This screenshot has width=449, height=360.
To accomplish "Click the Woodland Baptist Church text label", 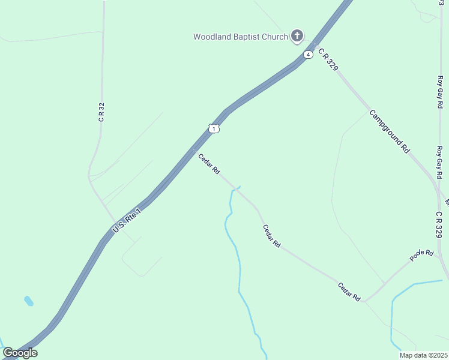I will [x=240, y=37].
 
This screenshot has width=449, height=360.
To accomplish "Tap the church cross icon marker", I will [x=297, y=37].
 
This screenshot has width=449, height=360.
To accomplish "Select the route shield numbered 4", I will [x=308, y=55].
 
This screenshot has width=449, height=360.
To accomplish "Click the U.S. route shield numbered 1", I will [x=214, y=128].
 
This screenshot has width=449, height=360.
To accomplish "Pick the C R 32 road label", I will [x=101, y=112].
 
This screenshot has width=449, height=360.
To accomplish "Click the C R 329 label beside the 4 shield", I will [x=329, y=59].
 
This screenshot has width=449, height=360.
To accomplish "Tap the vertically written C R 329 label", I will [x=439, y=223].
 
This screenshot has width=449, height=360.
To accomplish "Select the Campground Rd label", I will [x=389, y=131].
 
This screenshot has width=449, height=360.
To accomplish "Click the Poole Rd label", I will [x=421, y=254].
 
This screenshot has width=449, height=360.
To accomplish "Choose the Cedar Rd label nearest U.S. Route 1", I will [x=209, y=164].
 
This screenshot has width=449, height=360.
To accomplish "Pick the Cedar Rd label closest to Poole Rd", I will [x=349, y=292].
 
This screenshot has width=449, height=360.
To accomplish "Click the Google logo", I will [x=20, y=353].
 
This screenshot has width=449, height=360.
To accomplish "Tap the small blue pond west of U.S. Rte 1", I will [x=28, y=301].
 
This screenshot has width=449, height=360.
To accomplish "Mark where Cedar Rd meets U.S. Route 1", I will [x=193, y=150].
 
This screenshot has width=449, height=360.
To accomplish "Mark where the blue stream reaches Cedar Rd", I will [x=239, y=187].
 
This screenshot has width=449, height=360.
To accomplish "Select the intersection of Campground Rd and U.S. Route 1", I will [x=313, y=46].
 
